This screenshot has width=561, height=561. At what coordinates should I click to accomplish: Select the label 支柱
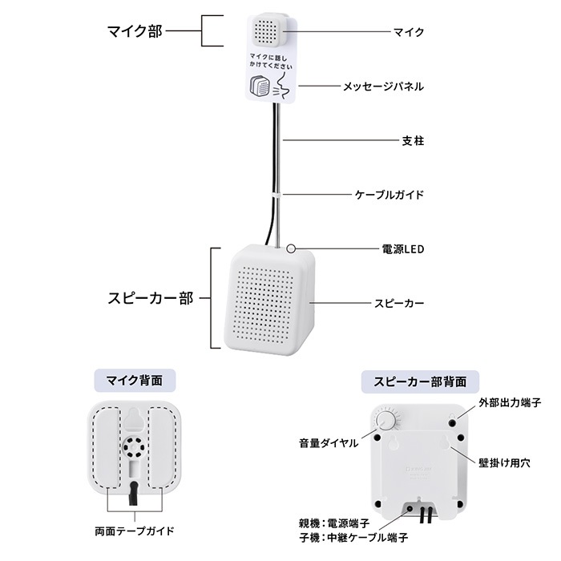[412, 140]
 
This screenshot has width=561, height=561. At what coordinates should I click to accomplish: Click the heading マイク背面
[135, 379]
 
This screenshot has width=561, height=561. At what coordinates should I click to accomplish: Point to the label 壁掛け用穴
[508, 462]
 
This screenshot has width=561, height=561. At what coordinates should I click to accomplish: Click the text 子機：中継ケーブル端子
[353, 537]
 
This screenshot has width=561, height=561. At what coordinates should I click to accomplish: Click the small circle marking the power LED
[291, 249]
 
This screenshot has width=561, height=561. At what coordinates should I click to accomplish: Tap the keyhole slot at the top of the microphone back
[135, 419]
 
